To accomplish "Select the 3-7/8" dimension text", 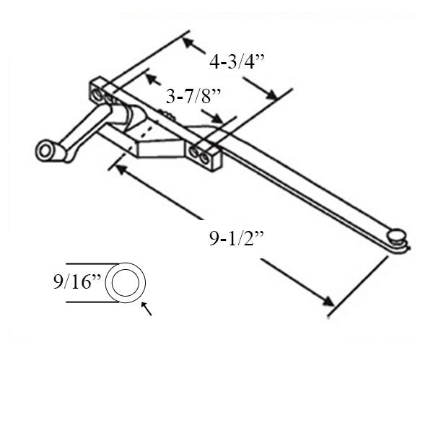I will (x=193, y=96).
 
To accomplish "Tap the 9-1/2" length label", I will (x=238, y=237).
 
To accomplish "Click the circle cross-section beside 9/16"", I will (x=126, y=282).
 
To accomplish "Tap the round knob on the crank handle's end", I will (x=47, y=150).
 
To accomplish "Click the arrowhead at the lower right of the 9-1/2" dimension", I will (x=328, y=302).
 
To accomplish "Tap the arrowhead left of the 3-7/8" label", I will (x=150, y=76).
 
